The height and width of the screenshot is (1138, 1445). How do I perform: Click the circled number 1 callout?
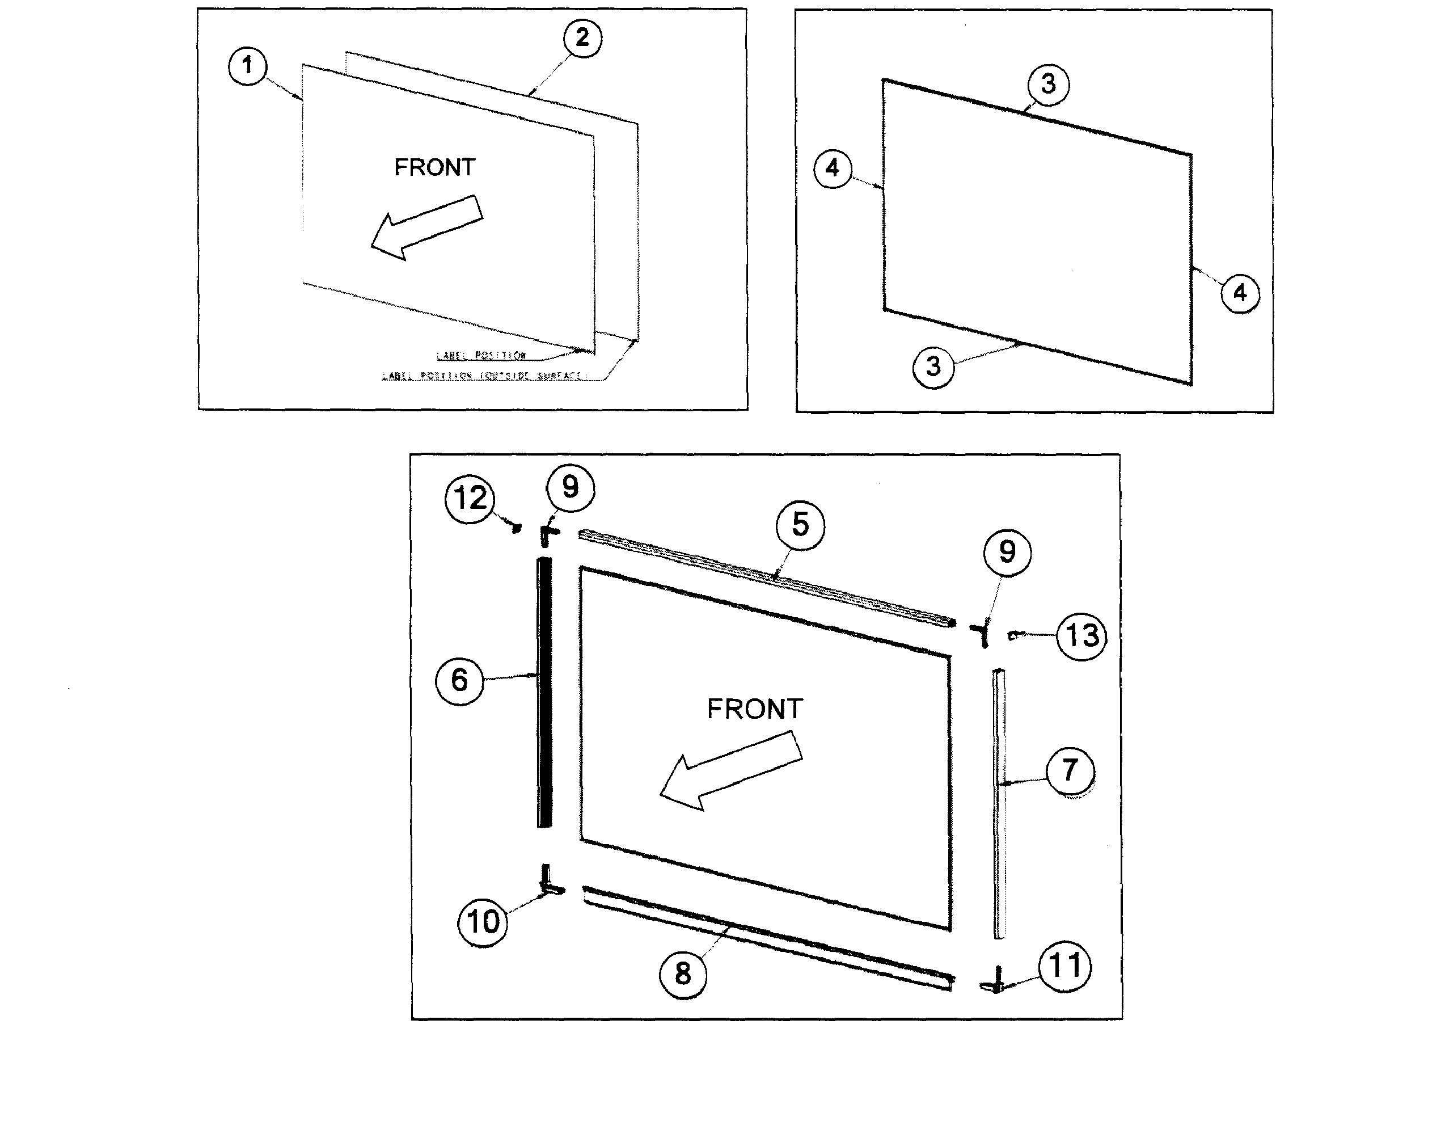tap(248, 65)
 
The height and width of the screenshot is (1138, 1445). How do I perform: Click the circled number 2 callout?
tap(582, 38)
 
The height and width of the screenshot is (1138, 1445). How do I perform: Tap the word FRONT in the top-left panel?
tap(435, 167)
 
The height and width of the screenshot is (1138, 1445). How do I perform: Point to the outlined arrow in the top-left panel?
tap(426, 227)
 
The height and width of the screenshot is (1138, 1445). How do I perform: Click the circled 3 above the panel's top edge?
tap(1048, 84)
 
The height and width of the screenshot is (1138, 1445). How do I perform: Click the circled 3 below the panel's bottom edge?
tap(933, 366)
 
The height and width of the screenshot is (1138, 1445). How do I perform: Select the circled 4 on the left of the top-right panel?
tap(833, 168)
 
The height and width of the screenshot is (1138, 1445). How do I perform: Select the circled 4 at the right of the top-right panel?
tap(1239, 293)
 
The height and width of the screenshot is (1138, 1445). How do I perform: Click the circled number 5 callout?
tap(800, 525)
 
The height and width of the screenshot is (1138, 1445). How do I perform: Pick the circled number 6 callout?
tap(459, 680)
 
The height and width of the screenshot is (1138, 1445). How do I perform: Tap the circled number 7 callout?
tap(1070, 770)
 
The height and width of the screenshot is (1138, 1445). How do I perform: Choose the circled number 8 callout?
tap(683, 974)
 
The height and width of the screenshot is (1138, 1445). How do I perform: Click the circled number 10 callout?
tap(483, 922)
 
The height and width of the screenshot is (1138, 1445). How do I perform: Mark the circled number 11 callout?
tap(1065, 966)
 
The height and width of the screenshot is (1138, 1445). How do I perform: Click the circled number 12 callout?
tap(470, 499)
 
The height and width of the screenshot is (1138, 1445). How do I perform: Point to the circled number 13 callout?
tap(1082, 635)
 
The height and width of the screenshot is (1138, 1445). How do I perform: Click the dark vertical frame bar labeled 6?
tap(544, 693)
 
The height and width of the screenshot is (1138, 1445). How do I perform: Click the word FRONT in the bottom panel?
tap(754, 709)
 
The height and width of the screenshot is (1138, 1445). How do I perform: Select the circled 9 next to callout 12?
tap(570, 487)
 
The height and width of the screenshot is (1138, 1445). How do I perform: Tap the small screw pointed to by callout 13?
tap(1013, 635)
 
